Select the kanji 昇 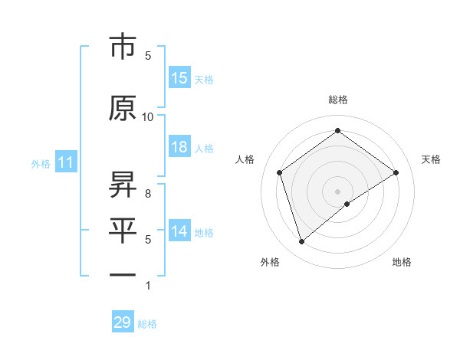pyautogui.click(x=123, y=184)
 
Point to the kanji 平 pyautogui.click(x=123, y=229)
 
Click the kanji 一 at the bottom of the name pyautogui.click(x=123, y=274)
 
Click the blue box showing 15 pyautogui.click(x=179, y=78)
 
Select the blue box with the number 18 pyautogui.click(x=179, y=148)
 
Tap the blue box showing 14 pyautogui.click(x=179, y=232)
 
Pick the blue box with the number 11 pyautogui.click(x=66, y=162)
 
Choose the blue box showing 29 pyautogui.click(x=123, y=322)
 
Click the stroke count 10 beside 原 pyautogui.click(x=148, y=116)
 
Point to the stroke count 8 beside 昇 pyautogui.click(x=148, y=193)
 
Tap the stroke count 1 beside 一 pyautogui.click(x=148, y=286)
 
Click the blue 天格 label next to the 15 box pyautogui.click(x=204, y=79)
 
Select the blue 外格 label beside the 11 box pyautogui.click(x=41, y=163)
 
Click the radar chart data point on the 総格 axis pyautogui.click(x=337, y=130)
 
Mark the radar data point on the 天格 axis pyautogui.click(x=396, y=172)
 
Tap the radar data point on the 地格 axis pyautogui.click(x=347, y=204)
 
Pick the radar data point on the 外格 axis pyautogui.click(x=301, y=242)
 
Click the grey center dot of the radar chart pyautogui.click(x=337, y=191)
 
